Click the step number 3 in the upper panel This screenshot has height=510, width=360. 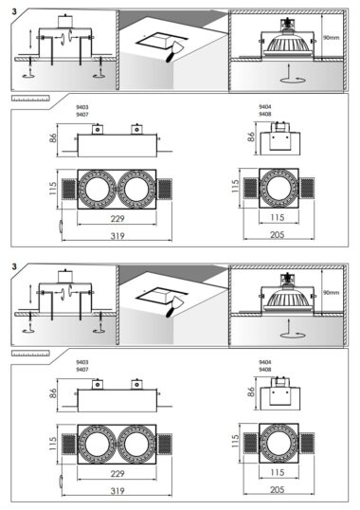[x=14, y=11]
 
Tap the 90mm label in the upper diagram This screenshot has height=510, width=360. [x=331, y=37]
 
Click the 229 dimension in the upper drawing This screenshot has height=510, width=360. [x=117, y=218]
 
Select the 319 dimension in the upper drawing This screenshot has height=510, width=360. [x=117, y=235]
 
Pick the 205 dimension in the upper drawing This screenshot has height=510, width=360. [x=278, y=234]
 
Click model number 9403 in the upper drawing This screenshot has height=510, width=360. [x=82, y=107]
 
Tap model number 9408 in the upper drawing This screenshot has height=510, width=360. [x=265, y=114]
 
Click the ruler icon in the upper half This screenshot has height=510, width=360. [x=30, y=99]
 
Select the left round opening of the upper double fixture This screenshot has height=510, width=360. [x=98, y=189]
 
